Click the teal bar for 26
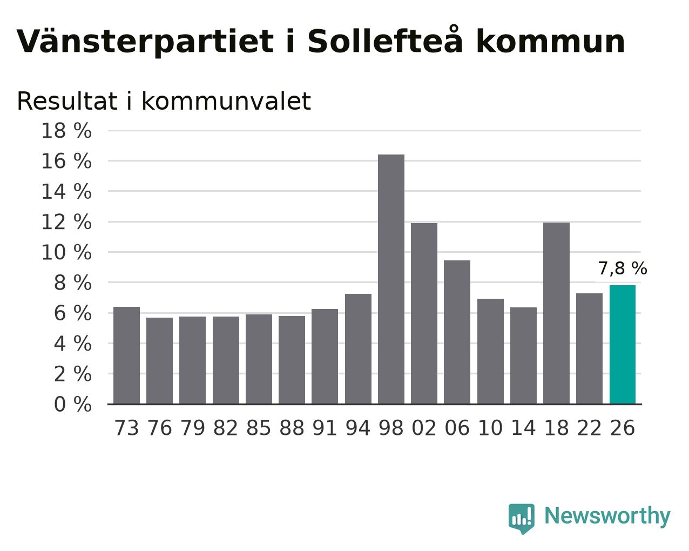point(622,345)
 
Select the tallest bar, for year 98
point(391,279)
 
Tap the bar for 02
point(424,313)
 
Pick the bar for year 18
point(556,313)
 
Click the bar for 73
point(126,355)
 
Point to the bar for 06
point(457,332)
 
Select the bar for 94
point(358,349)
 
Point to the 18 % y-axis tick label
point(66,131)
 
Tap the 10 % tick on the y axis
point(66,252)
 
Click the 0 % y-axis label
point(73,404)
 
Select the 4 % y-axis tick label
point(73,344)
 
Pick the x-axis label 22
point(589,428)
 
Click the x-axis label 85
point(259,428)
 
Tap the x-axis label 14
point(523,428)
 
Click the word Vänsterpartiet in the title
point(145,42)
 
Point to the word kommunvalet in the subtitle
point(226,101)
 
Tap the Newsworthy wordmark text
point(607,516)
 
